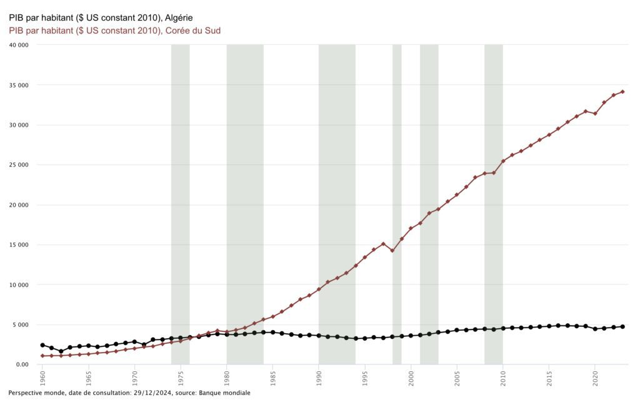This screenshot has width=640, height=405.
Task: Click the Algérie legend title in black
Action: click(101, 17)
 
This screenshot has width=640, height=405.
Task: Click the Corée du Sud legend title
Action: click(114, 30)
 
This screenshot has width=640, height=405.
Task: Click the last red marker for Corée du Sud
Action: click(622, 92)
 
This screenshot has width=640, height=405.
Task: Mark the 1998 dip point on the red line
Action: click(392, 250)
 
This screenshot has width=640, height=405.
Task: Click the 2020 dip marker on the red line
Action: click(595, 113)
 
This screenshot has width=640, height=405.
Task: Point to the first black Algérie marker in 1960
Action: click(42, 345)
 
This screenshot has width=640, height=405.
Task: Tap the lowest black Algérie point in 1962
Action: click(61, 351)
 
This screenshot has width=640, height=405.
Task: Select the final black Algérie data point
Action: click(622, 326)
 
